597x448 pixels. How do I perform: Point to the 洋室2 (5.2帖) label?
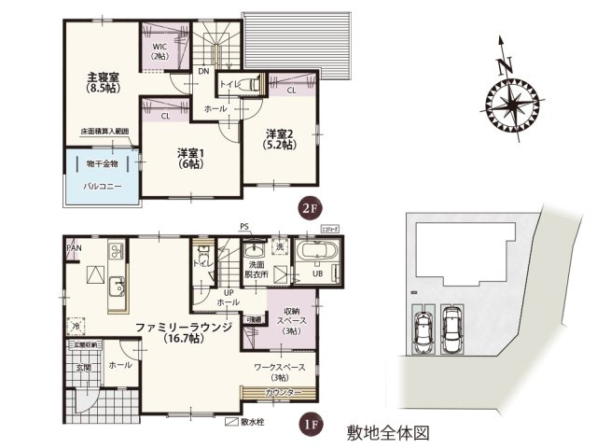[x=280, y=139]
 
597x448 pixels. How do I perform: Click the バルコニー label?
[x=99, y=187]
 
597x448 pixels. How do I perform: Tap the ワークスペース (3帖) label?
[x=280, y=371]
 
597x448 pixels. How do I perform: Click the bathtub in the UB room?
[x=316, y=253]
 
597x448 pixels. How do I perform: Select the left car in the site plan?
[x=422, y=329]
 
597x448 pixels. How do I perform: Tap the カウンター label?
[x=282, y=393]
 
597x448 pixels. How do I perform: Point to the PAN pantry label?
[x=74, y=248]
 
